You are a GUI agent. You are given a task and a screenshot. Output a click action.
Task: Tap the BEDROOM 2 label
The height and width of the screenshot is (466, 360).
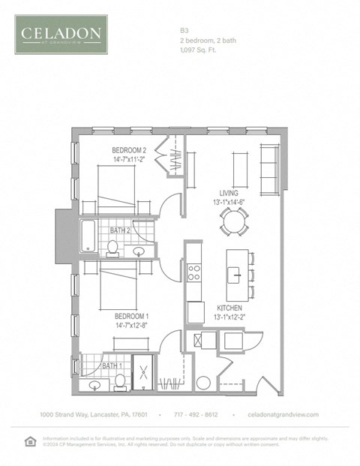click(129, 149)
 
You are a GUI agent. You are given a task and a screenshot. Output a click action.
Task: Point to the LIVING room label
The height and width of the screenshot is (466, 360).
click(229, 193)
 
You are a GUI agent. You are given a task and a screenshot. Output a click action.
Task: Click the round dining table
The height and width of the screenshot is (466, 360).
click(233, 220)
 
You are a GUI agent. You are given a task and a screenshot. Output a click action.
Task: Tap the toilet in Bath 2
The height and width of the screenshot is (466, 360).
click(113, 246)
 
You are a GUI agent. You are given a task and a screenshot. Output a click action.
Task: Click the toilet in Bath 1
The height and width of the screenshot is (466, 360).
click(118, 381)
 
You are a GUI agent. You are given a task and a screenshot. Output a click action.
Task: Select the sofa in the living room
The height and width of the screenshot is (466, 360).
click(268, 167)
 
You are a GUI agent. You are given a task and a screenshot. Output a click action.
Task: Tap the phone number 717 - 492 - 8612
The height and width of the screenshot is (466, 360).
click(196, 414)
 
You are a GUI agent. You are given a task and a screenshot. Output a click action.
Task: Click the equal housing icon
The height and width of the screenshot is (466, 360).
click(30, 440)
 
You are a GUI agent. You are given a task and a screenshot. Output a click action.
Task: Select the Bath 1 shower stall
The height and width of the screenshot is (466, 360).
click(142, 373)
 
